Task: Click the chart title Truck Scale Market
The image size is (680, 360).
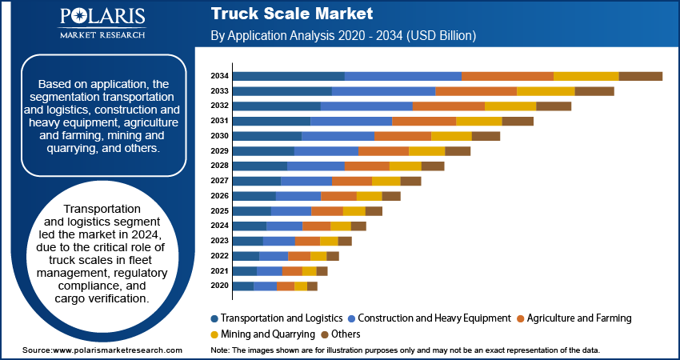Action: [x=291, y=14]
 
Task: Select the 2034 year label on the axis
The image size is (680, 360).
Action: [x=220, y=76]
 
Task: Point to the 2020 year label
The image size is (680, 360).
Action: [x=220, y=286]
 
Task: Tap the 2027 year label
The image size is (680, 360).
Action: [x=220, y=181]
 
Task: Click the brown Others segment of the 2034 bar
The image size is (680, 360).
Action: [x=640, y=76]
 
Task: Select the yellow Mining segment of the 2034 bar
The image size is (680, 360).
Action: [x=586, y=76]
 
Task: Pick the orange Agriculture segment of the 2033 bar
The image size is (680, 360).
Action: [x=475, y=91]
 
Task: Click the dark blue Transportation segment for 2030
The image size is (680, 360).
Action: [x=266, y=136]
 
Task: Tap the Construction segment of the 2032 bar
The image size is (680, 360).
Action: [x=366, y=106]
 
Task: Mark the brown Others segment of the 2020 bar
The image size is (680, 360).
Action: [x=312, y=286]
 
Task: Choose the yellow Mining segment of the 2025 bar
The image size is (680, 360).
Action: [x=354, y=211]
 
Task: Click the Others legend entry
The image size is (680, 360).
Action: [x=340, y=334]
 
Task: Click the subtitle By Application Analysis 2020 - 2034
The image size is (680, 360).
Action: [x=344, y=36]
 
